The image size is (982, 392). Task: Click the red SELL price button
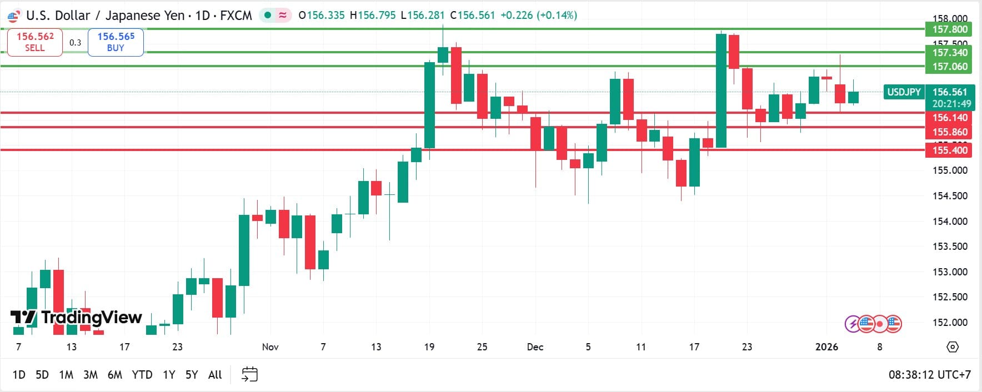[34, 42]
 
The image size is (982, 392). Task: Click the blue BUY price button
[116, 42]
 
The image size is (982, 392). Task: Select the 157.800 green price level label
[950, 29]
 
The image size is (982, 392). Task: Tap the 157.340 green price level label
[950, 53]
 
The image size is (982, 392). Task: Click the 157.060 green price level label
[950, 67]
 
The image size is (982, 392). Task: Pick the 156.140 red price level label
[950, 118]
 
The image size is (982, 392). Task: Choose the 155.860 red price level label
[950, 132]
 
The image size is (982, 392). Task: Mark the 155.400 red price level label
[950, 150]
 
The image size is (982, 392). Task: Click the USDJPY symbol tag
[904, 92]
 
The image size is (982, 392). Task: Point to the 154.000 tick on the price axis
[950, 222]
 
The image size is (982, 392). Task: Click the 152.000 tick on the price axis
[950, 323]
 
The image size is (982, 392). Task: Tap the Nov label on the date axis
[270, 347]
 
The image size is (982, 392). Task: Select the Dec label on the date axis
[535, 347]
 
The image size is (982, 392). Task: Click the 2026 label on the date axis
[826, 347]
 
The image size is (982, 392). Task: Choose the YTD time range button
[142, 375]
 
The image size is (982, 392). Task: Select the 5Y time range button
[192, 375]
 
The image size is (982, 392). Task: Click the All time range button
[215, 375]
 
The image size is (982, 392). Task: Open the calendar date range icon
[250, 375]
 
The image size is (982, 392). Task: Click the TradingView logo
[77, 318]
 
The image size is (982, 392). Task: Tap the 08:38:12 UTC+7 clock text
[929, 375]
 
